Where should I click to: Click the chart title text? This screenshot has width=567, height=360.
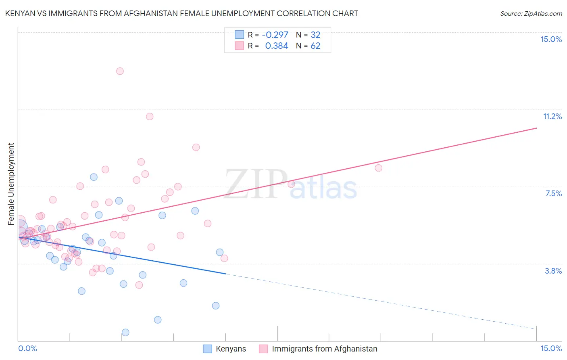(181, 14)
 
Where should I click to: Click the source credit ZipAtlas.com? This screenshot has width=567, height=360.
(531, 14)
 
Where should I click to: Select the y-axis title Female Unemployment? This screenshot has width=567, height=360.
(11, 184)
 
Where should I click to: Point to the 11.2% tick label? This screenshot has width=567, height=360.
(552, 117)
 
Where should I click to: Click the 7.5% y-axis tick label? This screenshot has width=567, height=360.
(553, 194)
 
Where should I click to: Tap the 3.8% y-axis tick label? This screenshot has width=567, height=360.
(553, 271)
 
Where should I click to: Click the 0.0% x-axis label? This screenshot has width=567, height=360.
(28, 349)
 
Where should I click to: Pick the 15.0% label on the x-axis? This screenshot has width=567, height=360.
(551, 349)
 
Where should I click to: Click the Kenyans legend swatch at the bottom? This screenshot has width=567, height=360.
(207, 349)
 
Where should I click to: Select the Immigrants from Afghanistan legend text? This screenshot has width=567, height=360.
(325, 349)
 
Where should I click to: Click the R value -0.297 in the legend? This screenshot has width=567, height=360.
(275, 35)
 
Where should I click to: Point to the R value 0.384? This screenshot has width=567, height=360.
(277, 46)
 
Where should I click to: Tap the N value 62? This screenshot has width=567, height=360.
(315, 46)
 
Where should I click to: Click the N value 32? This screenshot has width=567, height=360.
(315, 35)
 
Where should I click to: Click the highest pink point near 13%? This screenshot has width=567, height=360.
(120, 71)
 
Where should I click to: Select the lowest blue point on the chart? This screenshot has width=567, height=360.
(125, 333)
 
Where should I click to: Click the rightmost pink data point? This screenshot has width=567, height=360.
(378, 168)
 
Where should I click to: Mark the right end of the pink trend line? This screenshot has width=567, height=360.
(536, 128)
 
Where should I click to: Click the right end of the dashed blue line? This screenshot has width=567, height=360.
(536, 329)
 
